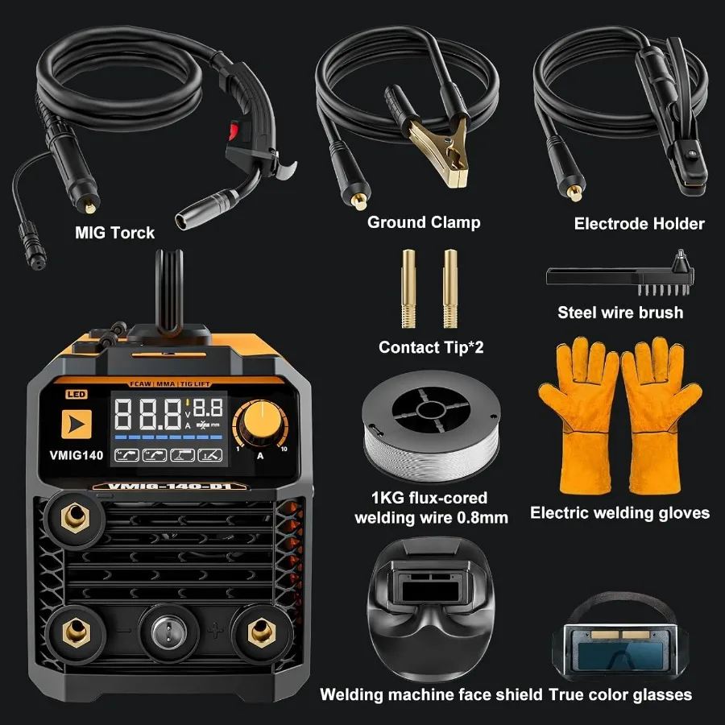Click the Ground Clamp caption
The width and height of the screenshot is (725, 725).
(x=424, y=222)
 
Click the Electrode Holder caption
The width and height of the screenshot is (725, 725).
(x=639, y=224)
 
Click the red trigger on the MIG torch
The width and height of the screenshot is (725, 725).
(x=235, y=130)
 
